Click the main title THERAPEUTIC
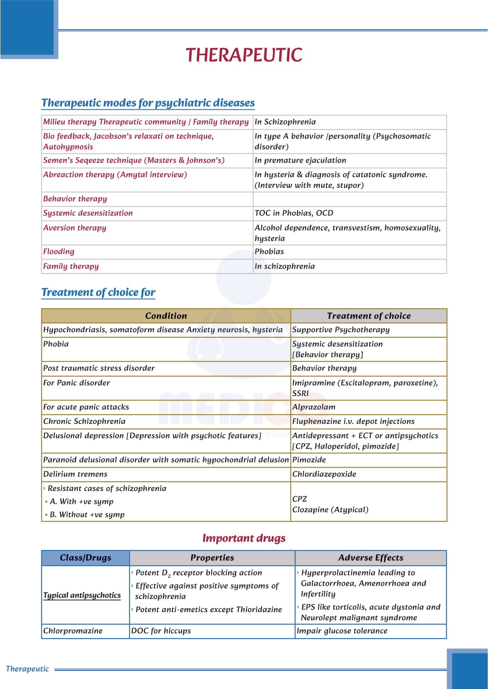(244, 55)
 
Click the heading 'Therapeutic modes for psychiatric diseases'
(148, 103)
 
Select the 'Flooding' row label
(59, 252)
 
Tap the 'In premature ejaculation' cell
(300, 160)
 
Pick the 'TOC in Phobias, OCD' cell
(294, 213)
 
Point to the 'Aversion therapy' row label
(75, 228)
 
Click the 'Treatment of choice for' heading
(98, 292)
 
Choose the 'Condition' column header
(166, 316)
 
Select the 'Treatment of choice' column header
(368, 316)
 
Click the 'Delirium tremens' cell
(75, 474)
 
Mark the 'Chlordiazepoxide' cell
(324, 474)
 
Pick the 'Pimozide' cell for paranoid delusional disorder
(309, 460)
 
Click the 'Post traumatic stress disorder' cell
(99, 368)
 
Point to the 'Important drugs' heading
(244, 538)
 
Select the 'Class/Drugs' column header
(85, 558)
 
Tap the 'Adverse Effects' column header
(371, 558)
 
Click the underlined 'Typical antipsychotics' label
(82, 595)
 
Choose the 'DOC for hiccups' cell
(161, 631)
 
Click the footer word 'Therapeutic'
(27, 669)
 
